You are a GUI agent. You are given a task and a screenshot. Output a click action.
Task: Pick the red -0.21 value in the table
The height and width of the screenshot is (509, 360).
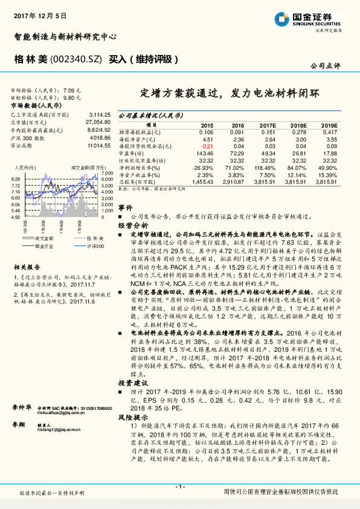[206, 146]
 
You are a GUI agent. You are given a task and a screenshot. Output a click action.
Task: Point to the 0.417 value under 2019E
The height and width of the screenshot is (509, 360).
[329, 132]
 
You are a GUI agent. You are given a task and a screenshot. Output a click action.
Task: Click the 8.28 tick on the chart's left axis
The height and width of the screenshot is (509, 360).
[16, 180]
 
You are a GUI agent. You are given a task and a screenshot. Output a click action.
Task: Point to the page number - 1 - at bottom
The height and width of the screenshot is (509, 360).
[179, 487]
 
